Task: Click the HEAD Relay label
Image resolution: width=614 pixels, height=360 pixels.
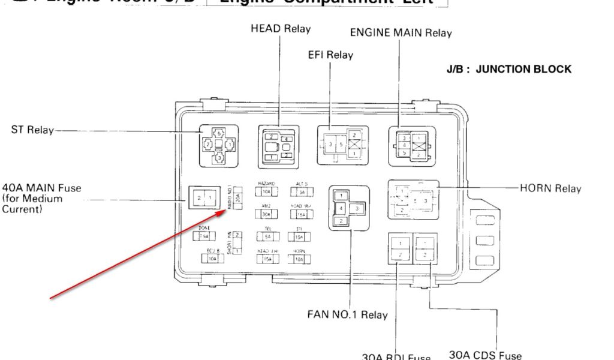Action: click(281, 29)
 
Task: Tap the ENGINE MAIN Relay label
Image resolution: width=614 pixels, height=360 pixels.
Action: click(401, 33)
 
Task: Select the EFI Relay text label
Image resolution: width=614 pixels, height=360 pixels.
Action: click(330, 55)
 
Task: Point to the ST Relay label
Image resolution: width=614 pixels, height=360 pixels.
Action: click(32, 130)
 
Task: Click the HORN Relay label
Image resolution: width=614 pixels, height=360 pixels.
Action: click(550, 188)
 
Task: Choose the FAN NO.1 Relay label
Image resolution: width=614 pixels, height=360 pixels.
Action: click(347, 314)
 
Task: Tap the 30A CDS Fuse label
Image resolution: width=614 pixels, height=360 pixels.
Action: click(485, 355)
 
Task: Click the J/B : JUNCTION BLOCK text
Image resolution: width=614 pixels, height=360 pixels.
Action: click(508, 69)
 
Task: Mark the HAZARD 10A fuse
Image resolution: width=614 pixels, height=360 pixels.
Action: click(267, 192)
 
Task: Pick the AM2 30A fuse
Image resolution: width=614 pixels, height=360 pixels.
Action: click(267, 214)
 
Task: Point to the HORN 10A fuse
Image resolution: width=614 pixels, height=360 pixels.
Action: click(299, 259)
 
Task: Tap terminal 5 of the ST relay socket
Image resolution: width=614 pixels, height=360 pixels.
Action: click(219, 133)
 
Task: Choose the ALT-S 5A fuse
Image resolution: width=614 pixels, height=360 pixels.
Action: click(302, 192)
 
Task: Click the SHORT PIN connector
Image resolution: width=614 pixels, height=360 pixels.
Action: click(238, 242)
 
